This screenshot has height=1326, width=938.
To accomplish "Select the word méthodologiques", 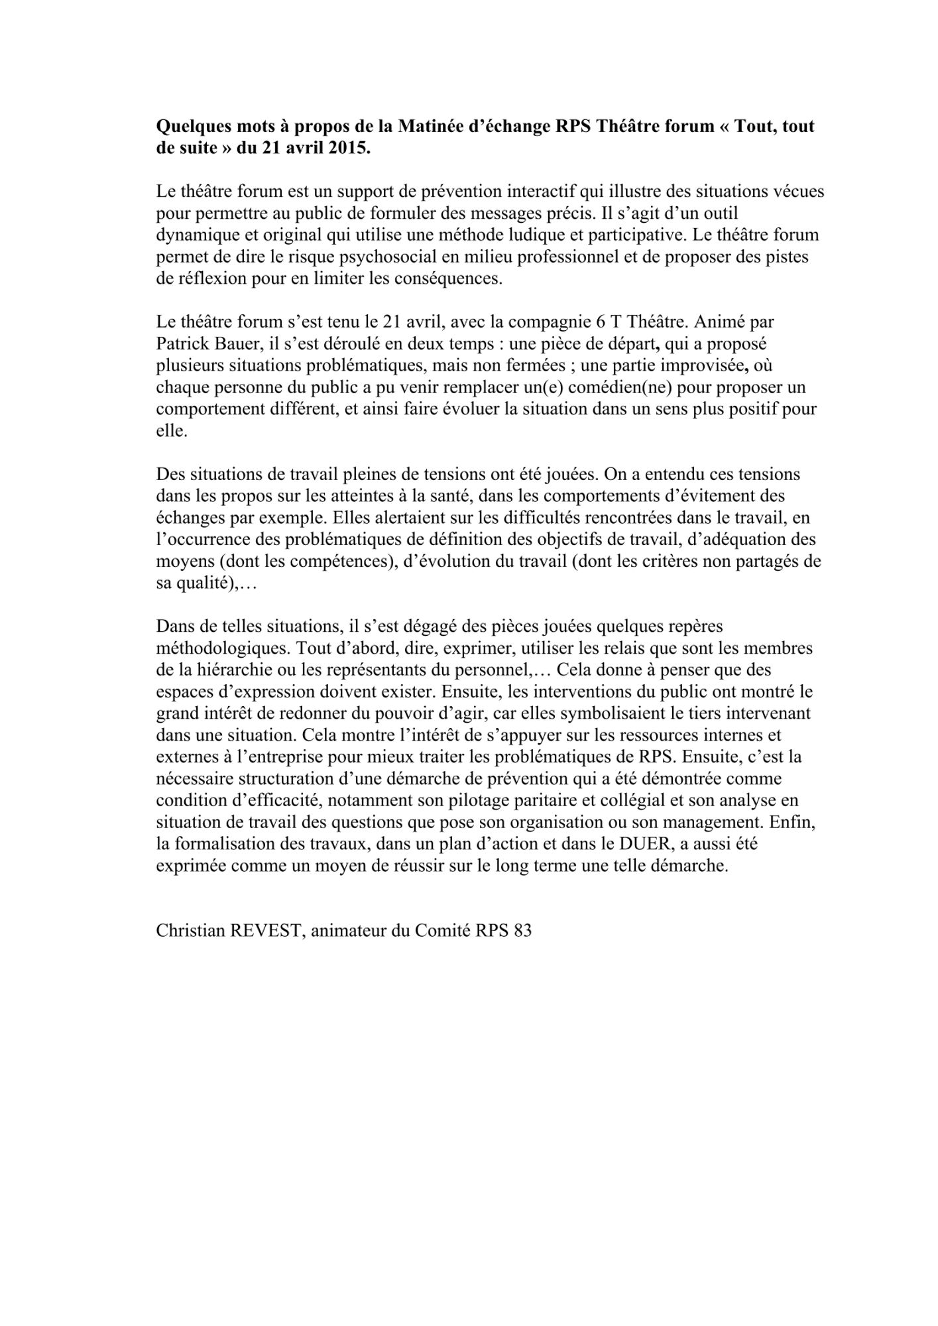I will pos(223,648).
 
